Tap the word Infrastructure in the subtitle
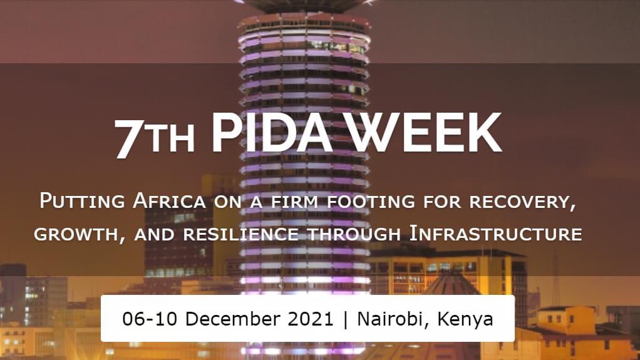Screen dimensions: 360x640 [495, 234]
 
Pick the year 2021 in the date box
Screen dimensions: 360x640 [310, 319]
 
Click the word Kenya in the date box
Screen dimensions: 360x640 [465, 319]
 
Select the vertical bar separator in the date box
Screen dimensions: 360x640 [346, 319]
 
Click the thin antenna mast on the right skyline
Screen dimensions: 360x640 [555, 275]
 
